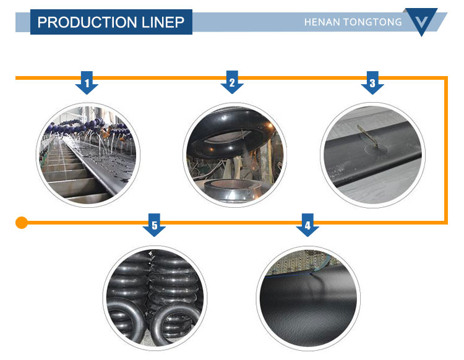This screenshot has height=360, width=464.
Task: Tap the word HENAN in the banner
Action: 322,22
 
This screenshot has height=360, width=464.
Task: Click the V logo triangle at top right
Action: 421,21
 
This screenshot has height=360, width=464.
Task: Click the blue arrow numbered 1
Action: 87,83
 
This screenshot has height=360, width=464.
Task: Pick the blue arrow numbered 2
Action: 232,83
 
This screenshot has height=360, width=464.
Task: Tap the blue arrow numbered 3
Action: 372,83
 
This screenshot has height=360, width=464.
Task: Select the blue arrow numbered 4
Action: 307,226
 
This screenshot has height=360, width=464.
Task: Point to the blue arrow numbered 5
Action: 155,226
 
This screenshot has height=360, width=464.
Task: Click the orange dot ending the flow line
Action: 22,222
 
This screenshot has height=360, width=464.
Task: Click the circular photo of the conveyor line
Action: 88,154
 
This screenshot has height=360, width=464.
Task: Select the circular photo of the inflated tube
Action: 234,154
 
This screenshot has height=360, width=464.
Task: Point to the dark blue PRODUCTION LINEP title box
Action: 111,22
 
